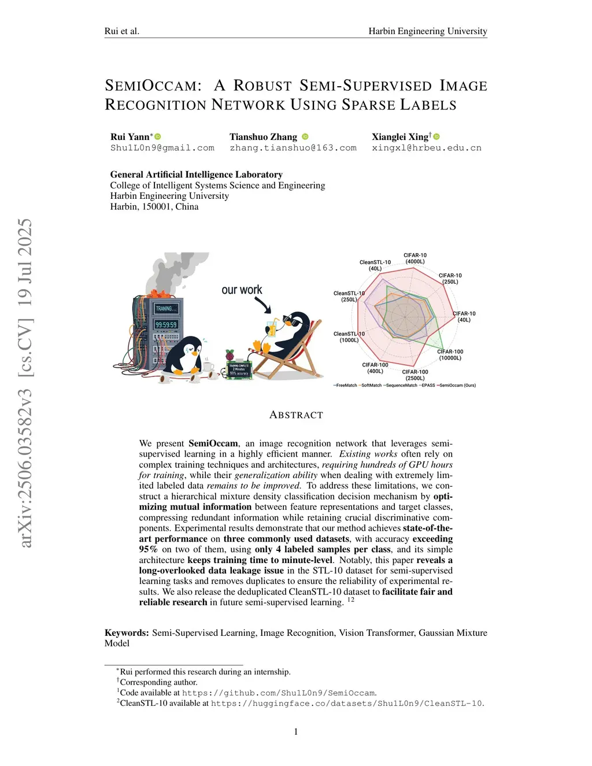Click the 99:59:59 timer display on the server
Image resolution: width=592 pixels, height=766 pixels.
166,325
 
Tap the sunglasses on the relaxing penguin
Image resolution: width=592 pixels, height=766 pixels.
291,320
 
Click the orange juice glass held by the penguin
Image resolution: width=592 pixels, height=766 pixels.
271,329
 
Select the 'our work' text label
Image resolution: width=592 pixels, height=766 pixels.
242,290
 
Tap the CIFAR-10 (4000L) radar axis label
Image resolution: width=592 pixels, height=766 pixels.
415,258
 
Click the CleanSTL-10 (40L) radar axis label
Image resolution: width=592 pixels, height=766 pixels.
375,265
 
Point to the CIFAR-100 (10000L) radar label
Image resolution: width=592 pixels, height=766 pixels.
450,355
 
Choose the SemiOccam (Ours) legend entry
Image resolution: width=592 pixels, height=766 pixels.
457,385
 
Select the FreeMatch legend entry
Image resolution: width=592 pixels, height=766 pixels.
346,385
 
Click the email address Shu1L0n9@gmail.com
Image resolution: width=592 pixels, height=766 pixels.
162,148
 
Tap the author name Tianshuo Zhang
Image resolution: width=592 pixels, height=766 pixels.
263,137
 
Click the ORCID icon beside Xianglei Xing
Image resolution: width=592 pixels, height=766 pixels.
436,137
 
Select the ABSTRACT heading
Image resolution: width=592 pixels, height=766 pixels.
296,415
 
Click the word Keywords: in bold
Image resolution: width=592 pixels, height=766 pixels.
127,633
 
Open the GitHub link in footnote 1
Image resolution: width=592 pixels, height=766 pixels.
279,693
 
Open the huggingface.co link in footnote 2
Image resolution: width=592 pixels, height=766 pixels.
346,704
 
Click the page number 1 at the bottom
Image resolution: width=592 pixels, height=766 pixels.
296,732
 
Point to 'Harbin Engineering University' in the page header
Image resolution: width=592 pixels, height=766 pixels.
428,31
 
